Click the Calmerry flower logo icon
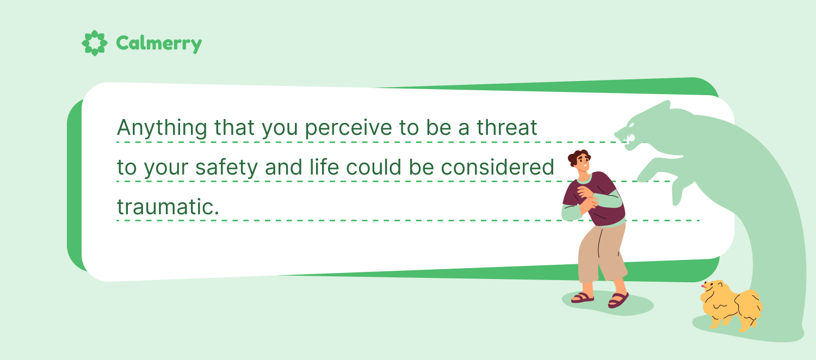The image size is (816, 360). [x=94, y=43]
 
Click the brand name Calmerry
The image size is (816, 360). [x=159, y=44]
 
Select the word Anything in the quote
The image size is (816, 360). [x=162, y=128]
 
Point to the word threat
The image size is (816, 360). [x=506, y=127]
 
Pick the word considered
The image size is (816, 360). [x=497, y=167]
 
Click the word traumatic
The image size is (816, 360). [x=168, y=207]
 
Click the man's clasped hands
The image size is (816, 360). [x=586, y=198]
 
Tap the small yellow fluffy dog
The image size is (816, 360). [x=731, y=305]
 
